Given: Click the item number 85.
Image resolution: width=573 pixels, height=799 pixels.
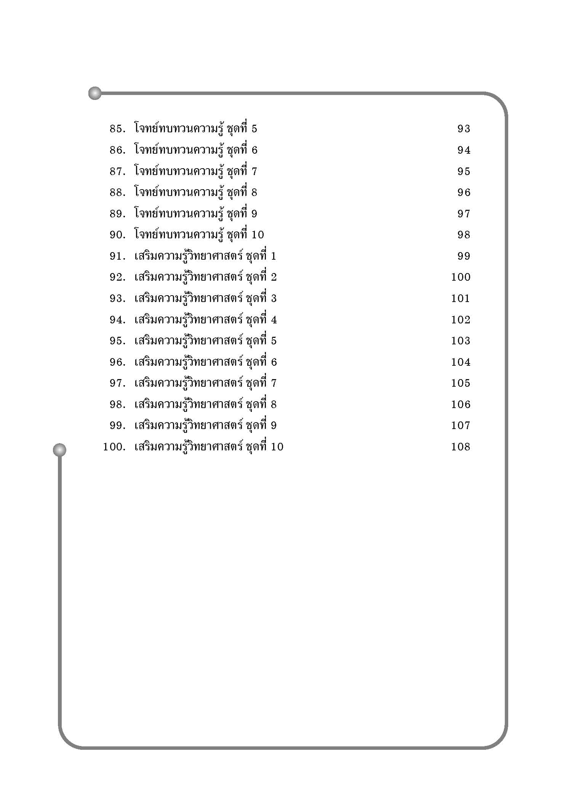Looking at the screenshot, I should [117, 129].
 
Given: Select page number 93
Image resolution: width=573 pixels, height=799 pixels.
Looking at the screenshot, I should [464, 129].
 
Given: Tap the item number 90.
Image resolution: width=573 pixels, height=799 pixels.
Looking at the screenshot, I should [117, 235].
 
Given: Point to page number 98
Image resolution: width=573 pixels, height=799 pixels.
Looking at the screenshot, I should [464, 235].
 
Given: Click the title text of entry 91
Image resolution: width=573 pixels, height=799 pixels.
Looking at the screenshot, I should [205, 256].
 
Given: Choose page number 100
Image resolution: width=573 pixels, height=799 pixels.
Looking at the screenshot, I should [461, 277].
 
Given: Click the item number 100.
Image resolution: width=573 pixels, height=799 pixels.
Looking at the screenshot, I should [114, 447].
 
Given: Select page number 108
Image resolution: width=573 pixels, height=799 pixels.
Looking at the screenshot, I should [461, 447].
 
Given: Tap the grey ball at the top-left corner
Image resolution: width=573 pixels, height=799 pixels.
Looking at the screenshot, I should [95, 93].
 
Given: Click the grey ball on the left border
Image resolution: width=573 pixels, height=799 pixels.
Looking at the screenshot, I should [59, 450].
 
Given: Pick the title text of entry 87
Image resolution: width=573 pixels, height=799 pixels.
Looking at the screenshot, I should [195, 171].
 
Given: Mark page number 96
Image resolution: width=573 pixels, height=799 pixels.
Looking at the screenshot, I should [464, 193].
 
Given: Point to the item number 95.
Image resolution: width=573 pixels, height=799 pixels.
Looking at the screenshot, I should [117, 341].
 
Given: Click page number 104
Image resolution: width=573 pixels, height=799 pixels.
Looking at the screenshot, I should [461, 362].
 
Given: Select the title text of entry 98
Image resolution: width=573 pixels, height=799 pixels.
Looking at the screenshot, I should [205, 404].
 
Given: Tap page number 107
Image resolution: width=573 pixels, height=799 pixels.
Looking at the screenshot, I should [461, 425].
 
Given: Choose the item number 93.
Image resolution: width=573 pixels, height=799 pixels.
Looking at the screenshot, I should [117, 298].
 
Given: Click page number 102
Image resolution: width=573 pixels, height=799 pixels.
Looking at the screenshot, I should [461, 320].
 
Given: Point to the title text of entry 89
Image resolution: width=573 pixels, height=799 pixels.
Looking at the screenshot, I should [195, 214].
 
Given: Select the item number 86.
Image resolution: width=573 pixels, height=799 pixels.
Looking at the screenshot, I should [117, 150].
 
